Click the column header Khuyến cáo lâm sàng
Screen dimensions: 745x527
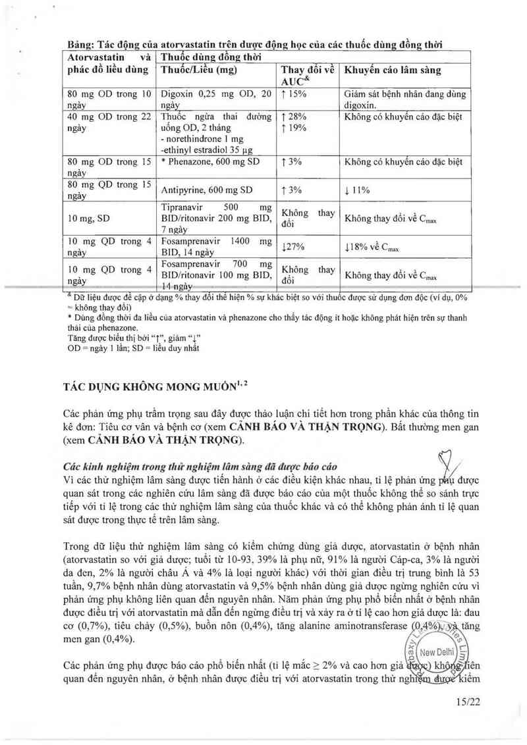pyautogui.click(x=393, y=70)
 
